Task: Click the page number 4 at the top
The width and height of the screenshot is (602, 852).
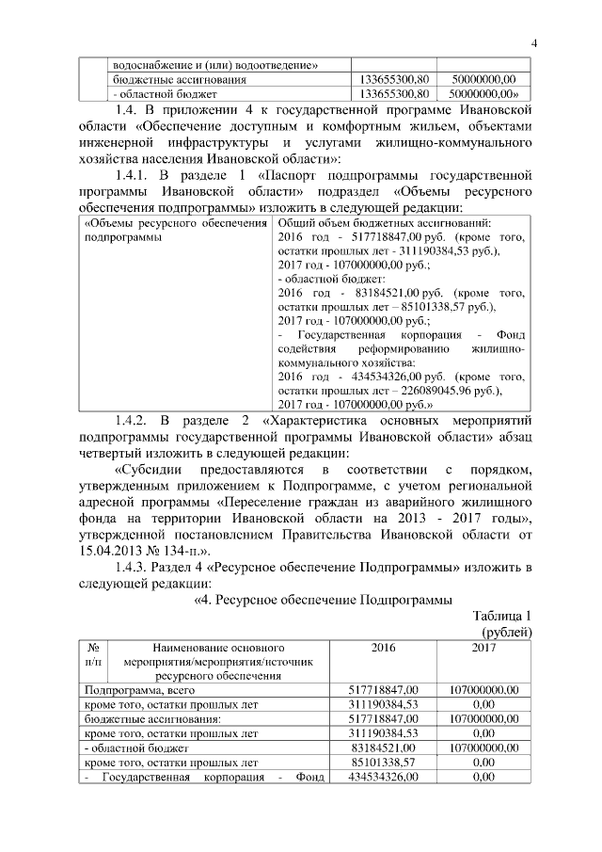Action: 532,43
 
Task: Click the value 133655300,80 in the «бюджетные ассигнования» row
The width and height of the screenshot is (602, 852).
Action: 395,79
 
